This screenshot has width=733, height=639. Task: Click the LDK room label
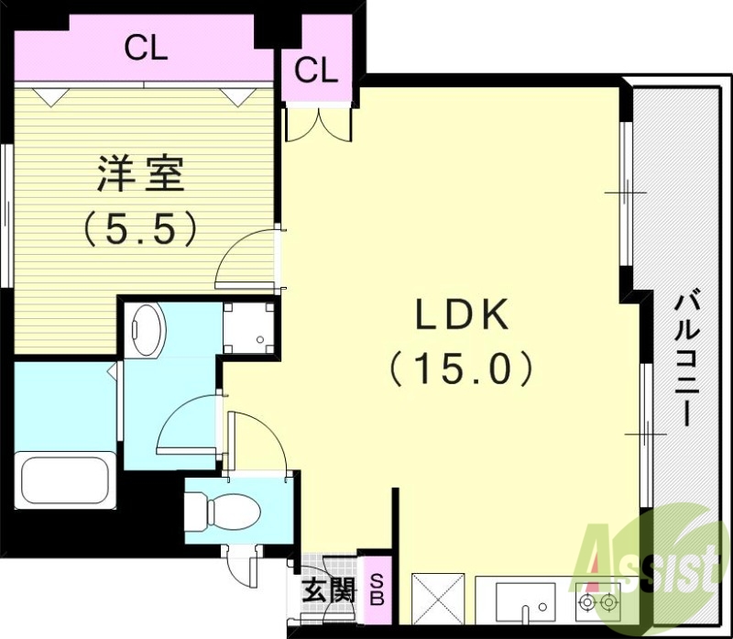click(x=462, y=316)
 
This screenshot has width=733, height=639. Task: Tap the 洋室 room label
click(x=141, y=175)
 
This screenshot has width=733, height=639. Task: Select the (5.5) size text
click(x=141, y=229)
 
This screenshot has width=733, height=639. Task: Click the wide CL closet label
click(x=147, y=50)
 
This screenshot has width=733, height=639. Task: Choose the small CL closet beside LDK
click(x=316, y=69)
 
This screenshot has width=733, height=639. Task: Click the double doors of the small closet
click(x=316, y=124)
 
